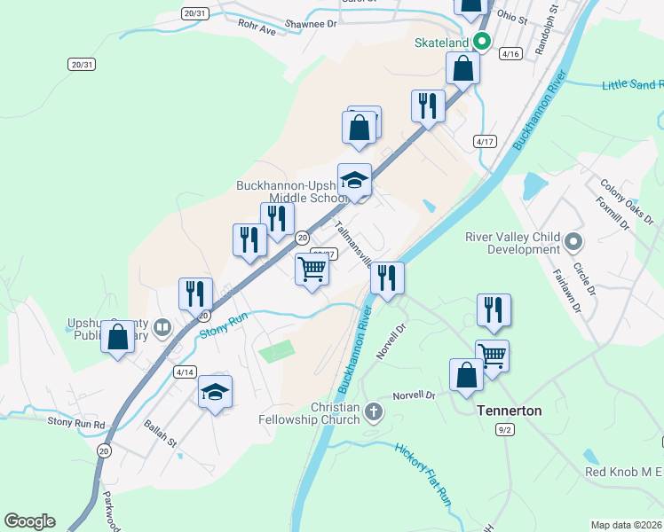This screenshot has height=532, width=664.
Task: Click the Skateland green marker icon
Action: [x=483, y=42]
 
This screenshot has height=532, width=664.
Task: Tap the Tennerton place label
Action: [x=485, y=411]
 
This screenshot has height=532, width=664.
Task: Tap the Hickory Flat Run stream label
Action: [x=424, y=472]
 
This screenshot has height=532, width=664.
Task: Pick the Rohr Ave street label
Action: [x=257, y=28]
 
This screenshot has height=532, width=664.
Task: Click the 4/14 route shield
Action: [x=185, y=372]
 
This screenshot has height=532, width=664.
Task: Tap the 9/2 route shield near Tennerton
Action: [x=505, y=429]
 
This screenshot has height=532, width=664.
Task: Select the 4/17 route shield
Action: [x=484, y=141]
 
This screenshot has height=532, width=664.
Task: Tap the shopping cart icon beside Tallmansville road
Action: [x=312, y=268]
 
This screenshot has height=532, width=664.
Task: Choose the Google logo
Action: [x=29, y=521]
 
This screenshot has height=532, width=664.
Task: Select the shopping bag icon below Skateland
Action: [x=463, y=67]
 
